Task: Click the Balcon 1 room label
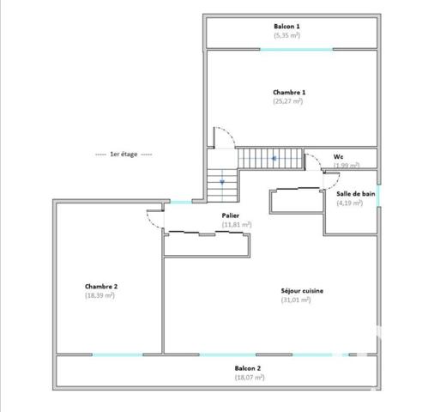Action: coord(286,27)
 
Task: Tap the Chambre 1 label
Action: coord(289,92)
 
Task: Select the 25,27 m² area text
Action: coord(288,101)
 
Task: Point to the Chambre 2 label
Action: coord(100,286)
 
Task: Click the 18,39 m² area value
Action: coord(100,295)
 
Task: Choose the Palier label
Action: coord(231,215)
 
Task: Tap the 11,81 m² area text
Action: coord(237,225)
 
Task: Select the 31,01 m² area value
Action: coord(295,300)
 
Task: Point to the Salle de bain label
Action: coord(355,194)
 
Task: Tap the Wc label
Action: coord(339,156)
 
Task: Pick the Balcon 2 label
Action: coord(248,368)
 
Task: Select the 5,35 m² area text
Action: coord(286,36)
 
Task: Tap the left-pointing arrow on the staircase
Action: coord(274,159)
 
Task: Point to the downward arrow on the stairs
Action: coord(221,182)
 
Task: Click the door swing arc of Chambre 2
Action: coord(154,219)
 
